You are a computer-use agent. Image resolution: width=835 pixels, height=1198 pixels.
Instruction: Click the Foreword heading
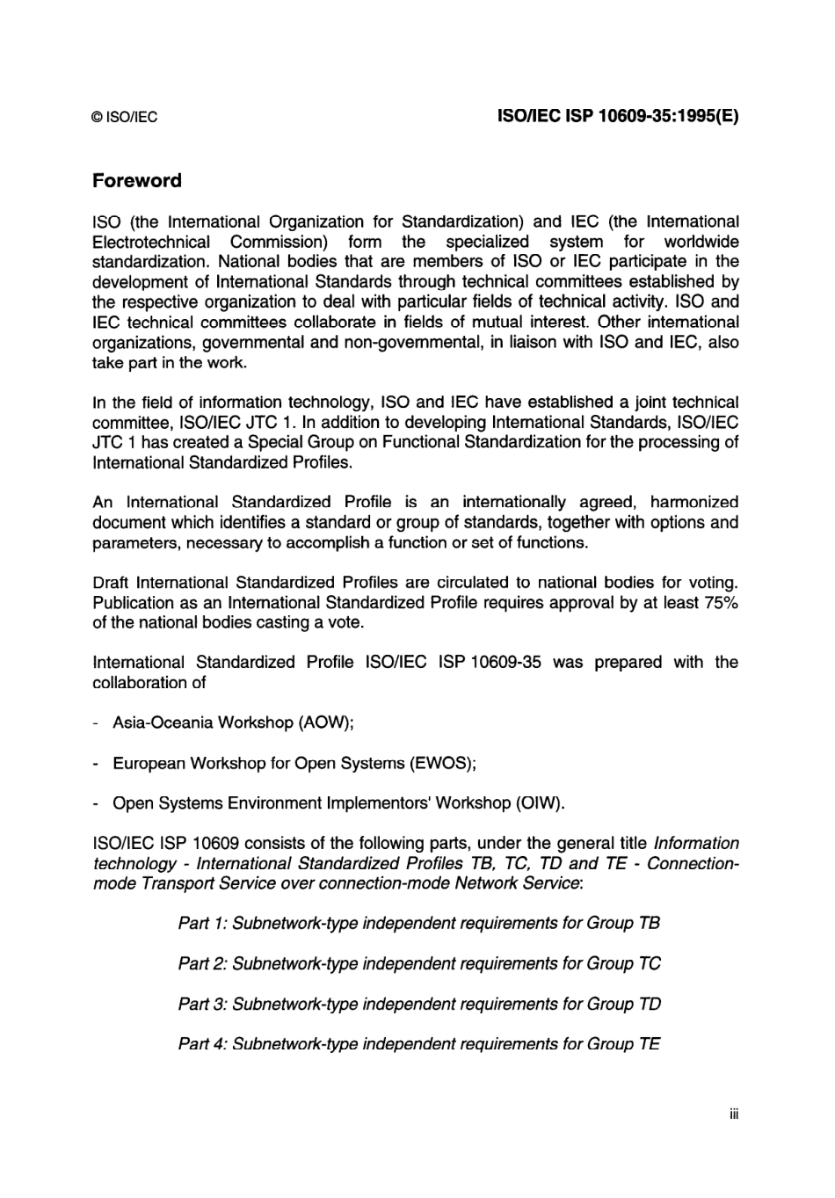[x=137, y=181]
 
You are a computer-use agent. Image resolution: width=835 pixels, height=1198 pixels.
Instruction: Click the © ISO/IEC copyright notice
[x=125, y=117]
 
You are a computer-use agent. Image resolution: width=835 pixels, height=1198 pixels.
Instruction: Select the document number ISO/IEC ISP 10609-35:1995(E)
[x=618, y=116]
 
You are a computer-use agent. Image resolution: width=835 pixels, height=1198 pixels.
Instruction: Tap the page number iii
[x=733, y=1115]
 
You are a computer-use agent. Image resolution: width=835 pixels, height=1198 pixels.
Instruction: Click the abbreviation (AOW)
[x=325, y=722]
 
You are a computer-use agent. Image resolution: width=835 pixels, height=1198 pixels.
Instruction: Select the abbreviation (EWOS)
[x=442, y=763]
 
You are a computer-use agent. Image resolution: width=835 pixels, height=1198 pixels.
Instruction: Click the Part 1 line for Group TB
[x=418, y=923]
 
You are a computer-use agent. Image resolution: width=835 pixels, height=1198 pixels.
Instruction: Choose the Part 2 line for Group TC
[x=419, y=963]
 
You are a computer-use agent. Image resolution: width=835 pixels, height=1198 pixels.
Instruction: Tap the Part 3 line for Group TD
[x=419, y=1004]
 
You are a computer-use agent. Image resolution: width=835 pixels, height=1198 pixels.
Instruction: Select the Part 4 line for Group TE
[x=418, y=1044]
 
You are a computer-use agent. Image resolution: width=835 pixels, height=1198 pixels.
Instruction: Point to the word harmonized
[x=693, y=502]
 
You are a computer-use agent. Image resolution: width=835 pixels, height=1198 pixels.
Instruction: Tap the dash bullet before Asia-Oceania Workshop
[x=95, y=722]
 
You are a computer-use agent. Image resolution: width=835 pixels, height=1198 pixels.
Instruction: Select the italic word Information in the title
[x=696, y=843]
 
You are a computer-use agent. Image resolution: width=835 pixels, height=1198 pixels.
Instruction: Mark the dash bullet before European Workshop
[x=95, y=763]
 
